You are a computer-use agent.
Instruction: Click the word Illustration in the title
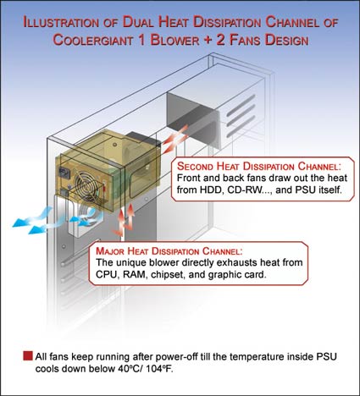pyautogui.click(x=61, y=22)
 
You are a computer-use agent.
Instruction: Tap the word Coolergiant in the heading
pyautogui.click(x=93, y=40)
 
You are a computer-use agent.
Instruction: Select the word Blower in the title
pyautogui.click(x=174, y=40)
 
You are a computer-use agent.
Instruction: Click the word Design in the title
pyautogui.click(x=286, y=40)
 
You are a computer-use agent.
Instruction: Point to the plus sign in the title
pyautogui.click(x=208, y=40)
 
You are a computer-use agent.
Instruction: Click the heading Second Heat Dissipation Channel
pyautogui.click(x=259, y=166)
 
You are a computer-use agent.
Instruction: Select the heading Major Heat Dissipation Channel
pyautogui.click(x=169, y=250)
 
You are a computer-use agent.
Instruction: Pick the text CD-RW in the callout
pyautogui.click(x=245, y=190)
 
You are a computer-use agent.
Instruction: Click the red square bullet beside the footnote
pyautogui.click(x=28, y=356)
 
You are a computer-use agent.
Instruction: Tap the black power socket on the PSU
pyautogui.click(x=64, y=173)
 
